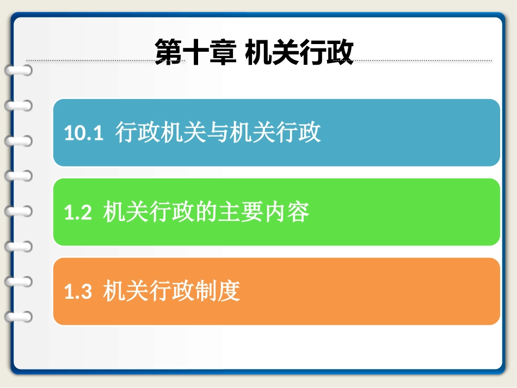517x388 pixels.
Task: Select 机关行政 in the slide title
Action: point(299,53)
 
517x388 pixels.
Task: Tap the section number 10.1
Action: point(84,133)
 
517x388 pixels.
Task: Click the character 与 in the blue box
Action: point(218,133)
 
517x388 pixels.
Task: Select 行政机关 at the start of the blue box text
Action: point(161,133)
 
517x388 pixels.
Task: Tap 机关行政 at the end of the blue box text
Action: point(275,133)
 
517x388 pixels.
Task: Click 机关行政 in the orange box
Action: point(149,292)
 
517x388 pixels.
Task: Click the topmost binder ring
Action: point(18,70)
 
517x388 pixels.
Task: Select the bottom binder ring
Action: point(18,316)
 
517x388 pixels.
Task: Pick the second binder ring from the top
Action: point(18,105)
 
